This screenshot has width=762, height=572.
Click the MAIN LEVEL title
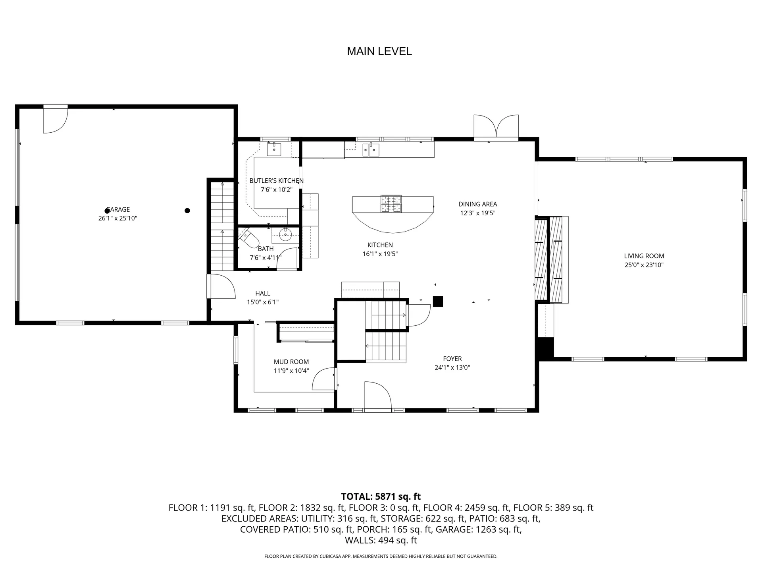[x=379, y=51]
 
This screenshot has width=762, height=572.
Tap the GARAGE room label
[x=118, y=209]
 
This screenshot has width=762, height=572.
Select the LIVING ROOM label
[x=644, y=256]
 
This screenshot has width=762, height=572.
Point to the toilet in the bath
[x=249, y=238]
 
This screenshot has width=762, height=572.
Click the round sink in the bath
[x=285, y=234]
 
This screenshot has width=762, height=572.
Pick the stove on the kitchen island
[x=391, y=204]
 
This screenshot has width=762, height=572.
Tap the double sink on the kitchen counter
[x=371, y=150]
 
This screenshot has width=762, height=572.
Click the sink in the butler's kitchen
[x=274, y=150]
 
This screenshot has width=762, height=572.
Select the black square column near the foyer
[x=438, y=301]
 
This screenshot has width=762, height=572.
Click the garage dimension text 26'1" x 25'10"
[x=118, y=218]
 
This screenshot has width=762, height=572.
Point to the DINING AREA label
[x=478, y=204]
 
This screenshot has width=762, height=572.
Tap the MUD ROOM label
[x=291, y=362]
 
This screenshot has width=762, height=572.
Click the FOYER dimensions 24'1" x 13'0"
[x=452, y=367]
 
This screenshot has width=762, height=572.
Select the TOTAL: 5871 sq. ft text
[x=381, y=497]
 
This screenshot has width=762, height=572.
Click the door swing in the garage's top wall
[x=55, y=120]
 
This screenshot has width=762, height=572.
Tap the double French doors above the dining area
[x=496, y=127]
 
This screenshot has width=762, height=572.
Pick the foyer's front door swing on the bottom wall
[x=378, y=396]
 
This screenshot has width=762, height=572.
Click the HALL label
[x=263, y=294]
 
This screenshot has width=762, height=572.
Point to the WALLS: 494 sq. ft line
[x=381, y=540]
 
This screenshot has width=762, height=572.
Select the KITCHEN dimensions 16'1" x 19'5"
[x=380, y=254]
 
